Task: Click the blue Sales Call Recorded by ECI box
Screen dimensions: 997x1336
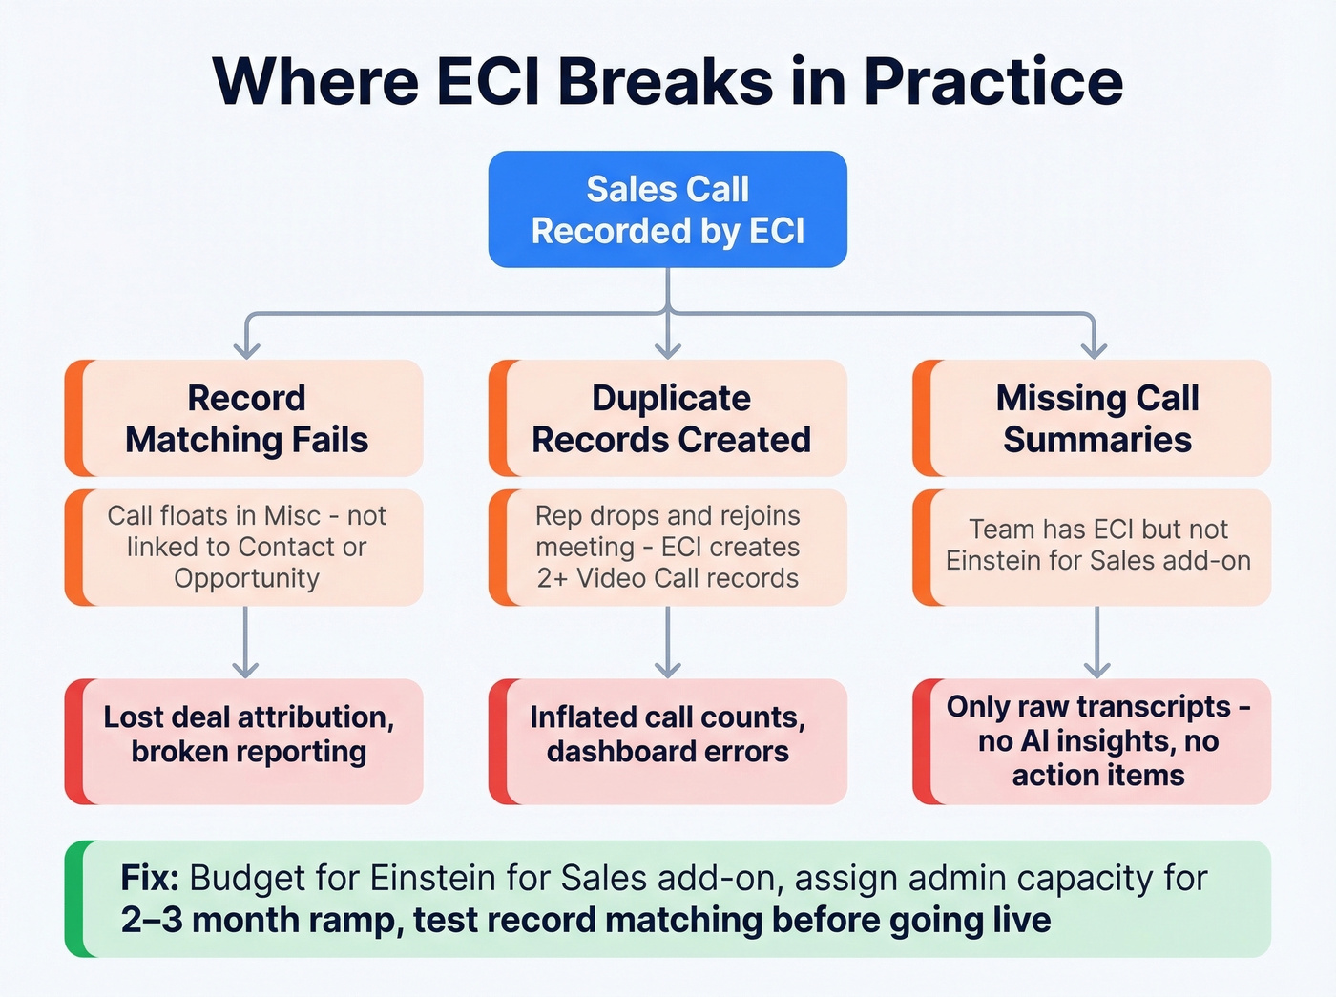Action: pyautogui.click(x=667, y=209)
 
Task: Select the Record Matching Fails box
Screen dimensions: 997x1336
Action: pyautogui.click(x=246, y=418)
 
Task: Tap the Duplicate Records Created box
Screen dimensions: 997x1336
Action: pyautogui.click(x=670, y=418)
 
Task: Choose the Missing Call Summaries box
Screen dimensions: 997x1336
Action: pyautogui.click(x=1096, y=418)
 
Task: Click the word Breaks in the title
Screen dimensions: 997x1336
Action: pyautogui.click(x=665, y=81)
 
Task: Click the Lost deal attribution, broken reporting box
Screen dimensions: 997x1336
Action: pyautogui.click(x=248, y=735)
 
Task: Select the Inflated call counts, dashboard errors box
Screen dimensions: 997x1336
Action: pyautogui.click(x=668, y=735)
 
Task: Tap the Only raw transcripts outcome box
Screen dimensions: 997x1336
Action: pyautogui.click(x=1097, y=740)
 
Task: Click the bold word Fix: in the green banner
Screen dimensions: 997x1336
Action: pyautogui.click(x=150, y=878)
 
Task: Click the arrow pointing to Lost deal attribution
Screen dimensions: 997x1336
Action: pyautogui.click(x=246, y=644)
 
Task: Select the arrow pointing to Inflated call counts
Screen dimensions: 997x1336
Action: pyautogui.click(x=668, y=644)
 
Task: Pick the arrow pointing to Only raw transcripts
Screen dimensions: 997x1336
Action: pyautogui.click(x=1096, y=644)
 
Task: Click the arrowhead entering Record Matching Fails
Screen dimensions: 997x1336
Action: pyautogui.click(x=246, y=348)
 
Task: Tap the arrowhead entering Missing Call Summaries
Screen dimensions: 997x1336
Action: pyautogui.click(x=1095, y=348)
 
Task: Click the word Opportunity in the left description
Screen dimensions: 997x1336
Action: pyautogui.click(x=246, y=578)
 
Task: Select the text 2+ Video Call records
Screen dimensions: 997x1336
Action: pyautogui.click(x=668, y=578)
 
